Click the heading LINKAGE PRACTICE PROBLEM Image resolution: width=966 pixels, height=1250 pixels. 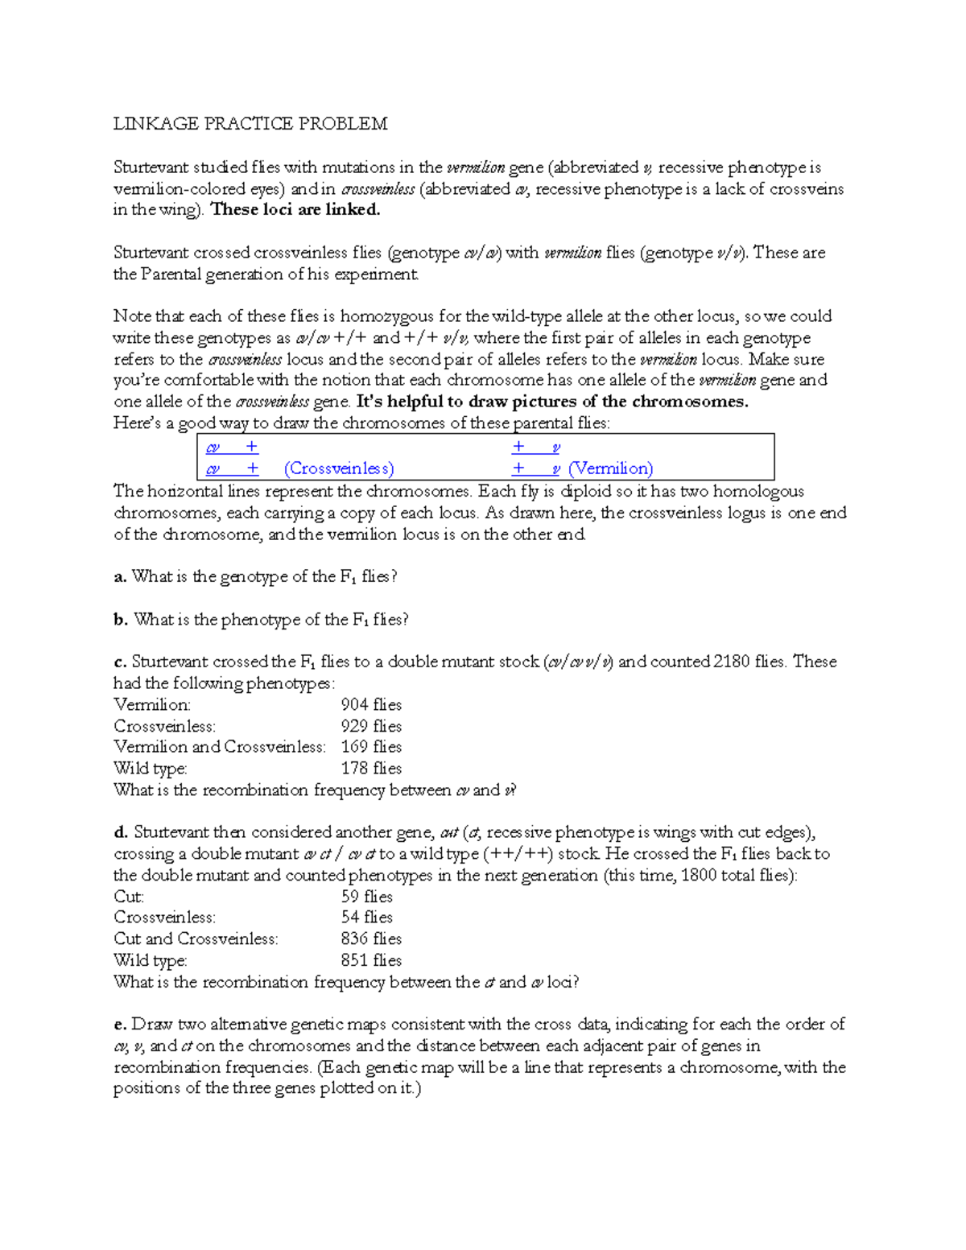250,124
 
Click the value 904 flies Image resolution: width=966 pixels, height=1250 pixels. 371,705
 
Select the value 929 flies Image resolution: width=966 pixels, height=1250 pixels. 371,726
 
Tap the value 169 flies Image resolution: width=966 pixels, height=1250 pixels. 371,747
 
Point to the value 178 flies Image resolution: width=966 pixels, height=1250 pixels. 371,769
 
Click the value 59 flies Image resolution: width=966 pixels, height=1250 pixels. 367,897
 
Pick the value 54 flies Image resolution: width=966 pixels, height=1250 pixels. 367,918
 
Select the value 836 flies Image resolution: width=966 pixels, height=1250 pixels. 371,939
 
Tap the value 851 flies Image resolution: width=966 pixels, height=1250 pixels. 371,960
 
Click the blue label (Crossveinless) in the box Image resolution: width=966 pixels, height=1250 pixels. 339,469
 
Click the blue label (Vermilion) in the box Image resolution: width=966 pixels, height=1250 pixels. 610,469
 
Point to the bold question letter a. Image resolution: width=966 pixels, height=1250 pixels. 119,577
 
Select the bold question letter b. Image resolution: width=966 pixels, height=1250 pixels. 120,620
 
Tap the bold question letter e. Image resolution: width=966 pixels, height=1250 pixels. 119,1025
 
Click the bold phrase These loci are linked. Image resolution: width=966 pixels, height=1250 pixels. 295,210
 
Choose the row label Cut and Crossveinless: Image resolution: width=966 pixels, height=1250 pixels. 196,939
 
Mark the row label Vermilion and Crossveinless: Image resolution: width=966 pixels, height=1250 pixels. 220,747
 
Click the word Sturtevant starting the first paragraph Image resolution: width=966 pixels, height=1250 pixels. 150,167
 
